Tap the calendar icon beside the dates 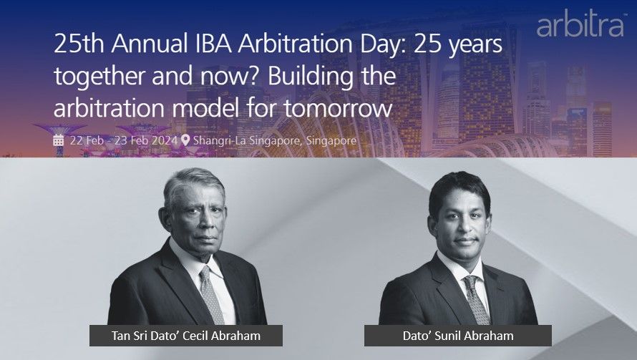[59, 140]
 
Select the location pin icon [185, 140]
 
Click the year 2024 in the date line [165, 140]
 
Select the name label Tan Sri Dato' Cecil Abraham [185, 336]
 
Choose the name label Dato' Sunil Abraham [458, 336]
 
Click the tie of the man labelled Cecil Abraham [211, 295]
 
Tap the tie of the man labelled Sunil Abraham [476, 299]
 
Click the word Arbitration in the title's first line [295, 44]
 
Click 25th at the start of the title [79, 44]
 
